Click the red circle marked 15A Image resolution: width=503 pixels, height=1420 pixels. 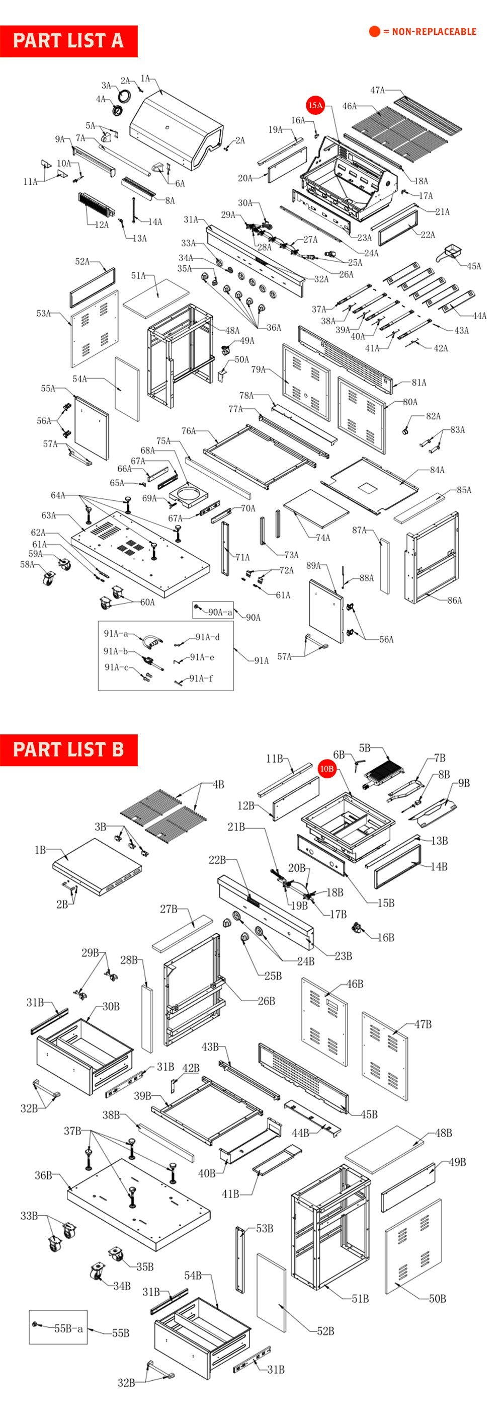315,105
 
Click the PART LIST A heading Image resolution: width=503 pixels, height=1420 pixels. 68,41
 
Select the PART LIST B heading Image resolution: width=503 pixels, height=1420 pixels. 68,750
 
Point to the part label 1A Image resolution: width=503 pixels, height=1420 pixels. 145,80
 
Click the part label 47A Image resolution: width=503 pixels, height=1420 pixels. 377,91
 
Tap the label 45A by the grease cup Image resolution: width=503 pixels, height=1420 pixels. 474,266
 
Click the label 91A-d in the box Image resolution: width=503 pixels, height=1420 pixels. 208,637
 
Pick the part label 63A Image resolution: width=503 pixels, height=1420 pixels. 48,515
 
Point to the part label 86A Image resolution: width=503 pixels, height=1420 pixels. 455,601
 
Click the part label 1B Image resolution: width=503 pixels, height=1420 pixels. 40,851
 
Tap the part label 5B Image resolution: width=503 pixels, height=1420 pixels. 365,748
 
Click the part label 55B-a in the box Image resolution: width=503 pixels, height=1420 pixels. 68,1328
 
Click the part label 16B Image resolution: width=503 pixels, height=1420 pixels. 386,937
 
